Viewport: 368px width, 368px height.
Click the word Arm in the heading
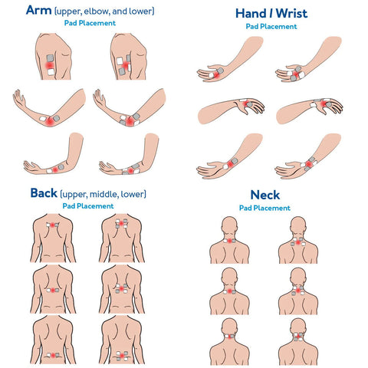[x=38, y=10]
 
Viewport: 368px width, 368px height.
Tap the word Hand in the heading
[x=251, y=14]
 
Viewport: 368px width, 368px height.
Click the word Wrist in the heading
[x=291, y=14]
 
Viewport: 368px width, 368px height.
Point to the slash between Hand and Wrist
[x=271, y=14]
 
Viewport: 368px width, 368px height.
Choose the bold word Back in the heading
[x=44, y=193]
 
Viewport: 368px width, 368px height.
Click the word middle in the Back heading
[x=103, y=194]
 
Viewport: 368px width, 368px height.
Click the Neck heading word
[x=265, y=195]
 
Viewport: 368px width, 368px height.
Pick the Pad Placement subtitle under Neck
[x=264, y=208]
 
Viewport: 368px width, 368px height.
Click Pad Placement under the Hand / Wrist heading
[x=271, y=26]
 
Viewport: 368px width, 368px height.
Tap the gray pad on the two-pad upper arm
[x=50, y=58]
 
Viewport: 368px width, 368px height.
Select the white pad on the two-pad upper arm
[x=51, y=72]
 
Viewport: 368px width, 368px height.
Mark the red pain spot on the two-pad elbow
[x=50, y=122]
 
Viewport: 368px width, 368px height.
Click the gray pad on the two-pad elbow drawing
[x=56, y=118]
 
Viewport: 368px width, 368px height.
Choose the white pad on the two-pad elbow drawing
[x=43, y=119]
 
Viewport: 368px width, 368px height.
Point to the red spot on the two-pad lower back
[x=53, y=355]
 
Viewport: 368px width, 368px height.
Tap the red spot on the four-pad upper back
[x=121, y=224]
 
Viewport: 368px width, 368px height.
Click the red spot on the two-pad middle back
[x=53, y=291]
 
